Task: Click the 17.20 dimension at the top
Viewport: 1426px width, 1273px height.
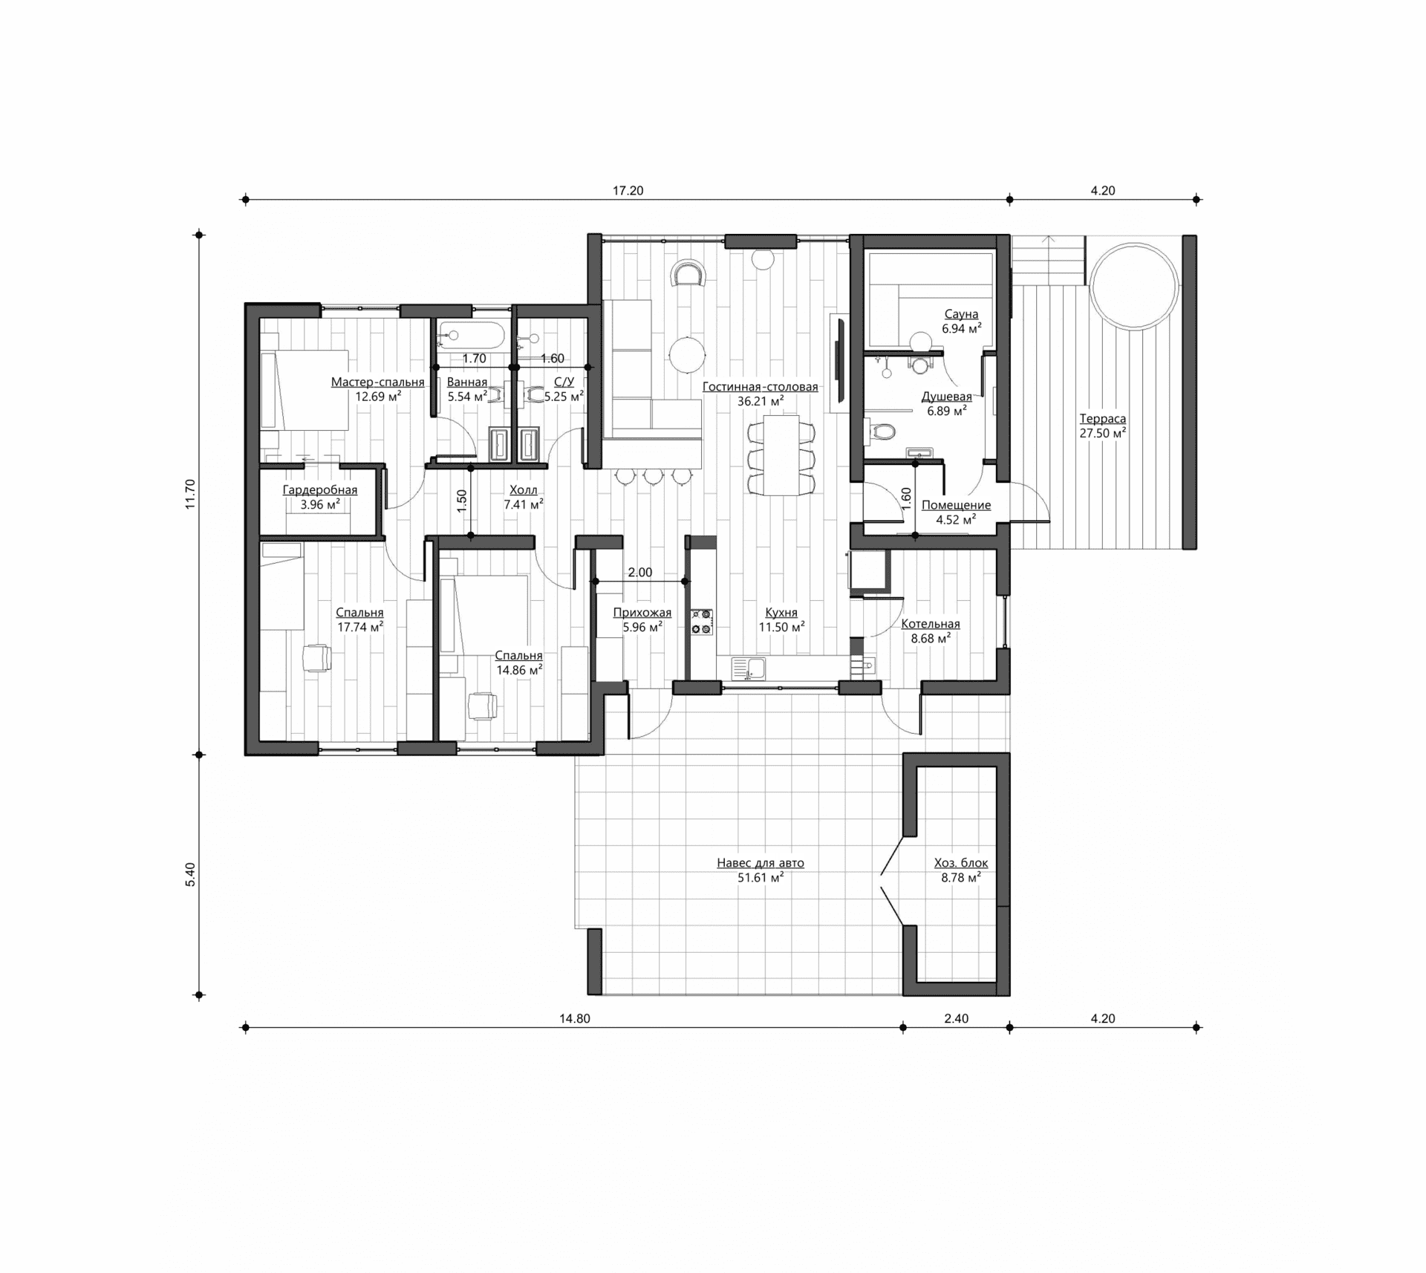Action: point(628,191)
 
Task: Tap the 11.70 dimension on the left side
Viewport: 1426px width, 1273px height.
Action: point(190,494)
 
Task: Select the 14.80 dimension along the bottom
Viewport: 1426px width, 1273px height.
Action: point(575,1019)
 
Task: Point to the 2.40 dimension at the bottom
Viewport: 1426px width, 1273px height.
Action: point(957,1019)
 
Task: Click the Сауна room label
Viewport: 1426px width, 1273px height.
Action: point(961,314)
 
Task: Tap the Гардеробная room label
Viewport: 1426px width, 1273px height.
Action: point(320,490)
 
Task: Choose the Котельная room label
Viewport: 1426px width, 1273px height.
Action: point(931,624)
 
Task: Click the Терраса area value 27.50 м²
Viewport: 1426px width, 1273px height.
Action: point(1103,433)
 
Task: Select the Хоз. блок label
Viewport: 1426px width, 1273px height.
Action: point(961,863)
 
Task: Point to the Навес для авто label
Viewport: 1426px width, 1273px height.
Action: point(761,863)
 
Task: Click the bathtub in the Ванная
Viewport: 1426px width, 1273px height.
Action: point(472,336)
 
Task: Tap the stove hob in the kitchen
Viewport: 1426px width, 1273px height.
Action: point(702,622)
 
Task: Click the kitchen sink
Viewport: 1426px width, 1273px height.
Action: point(749,668)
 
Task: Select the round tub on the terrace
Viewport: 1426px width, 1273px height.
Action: point(1134,285)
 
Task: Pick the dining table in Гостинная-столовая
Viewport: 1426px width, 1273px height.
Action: point(781,455)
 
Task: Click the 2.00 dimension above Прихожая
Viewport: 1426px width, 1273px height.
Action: point(640,573)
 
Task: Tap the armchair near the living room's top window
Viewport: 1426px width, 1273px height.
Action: point(688,273)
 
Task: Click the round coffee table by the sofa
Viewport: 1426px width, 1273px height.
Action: point(687,356)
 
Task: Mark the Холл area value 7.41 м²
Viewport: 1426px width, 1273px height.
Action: point(524,504)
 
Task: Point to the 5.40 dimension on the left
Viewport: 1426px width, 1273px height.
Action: point(190,874)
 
